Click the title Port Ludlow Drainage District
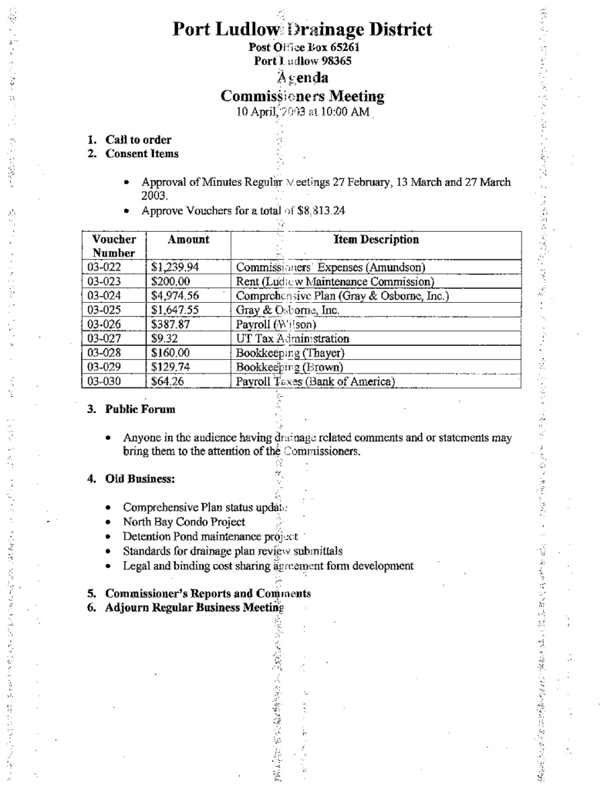[x=302, y=30]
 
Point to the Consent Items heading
[x=142, y=153]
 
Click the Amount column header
[x=188, y=240]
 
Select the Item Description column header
[x=376, y=240]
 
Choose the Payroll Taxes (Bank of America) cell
[x=315, y=381]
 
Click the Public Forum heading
[x=140, y=409]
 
